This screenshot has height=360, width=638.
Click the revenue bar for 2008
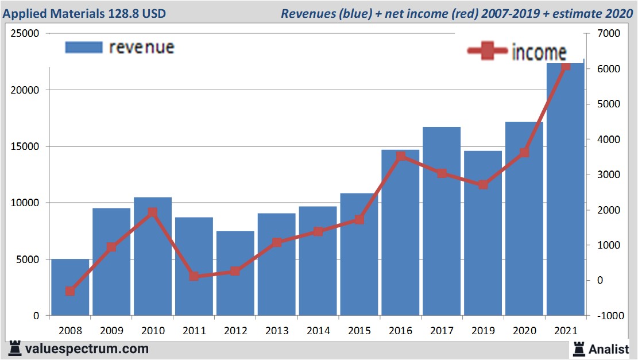pyautogui.click(x=70, y=287)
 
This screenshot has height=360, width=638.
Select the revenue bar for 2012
pyautogui.click(x=235, y=273)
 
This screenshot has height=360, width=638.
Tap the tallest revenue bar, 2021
pyautogui.click(x=566, y=189)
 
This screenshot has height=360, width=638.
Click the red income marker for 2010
pyautogui.click(x=153, y=212)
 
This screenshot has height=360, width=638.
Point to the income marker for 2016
pyautogui.click(x=401, y=156)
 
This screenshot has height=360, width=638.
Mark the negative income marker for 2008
pyautogui.click(x=70, y=291)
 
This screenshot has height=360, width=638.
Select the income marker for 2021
pyautogui.click(x=566, y=66)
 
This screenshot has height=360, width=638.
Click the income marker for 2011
pyautogui.click(x=194, y=276)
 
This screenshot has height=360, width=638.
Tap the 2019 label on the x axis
pyautogui.click(x=483, y=331)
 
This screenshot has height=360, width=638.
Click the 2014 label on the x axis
pyautogui.click(x=318, y=331)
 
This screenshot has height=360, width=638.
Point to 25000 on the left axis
pyautogui.click(x=25, y=33)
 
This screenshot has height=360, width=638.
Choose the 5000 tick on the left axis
pyautogui.click(x=28, y=260)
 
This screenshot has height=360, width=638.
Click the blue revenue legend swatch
pyautogui.click(x=83, y=47)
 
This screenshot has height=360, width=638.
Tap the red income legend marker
pyautogui.click(x=488, y=52)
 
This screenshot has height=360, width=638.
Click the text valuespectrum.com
pyautogui.click(x=87, y=349)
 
